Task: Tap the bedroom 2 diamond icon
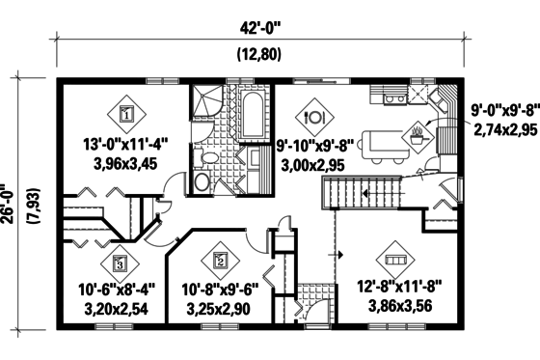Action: (220, 259)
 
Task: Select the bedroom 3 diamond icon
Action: (119, 260)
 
